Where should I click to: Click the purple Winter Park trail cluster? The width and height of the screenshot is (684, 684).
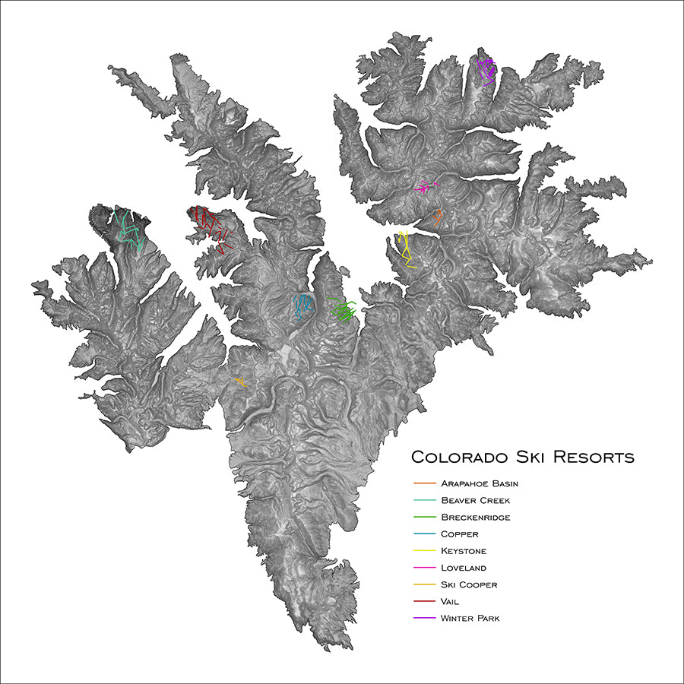486,70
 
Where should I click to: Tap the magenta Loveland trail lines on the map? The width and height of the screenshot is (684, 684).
426,186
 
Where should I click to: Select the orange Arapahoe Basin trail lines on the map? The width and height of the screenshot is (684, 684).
438,217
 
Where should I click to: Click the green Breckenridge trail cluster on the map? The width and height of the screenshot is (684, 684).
344,311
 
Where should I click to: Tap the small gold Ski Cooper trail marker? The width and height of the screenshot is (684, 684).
241,382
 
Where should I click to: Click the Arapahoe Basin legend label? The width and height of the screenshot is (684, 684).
479,483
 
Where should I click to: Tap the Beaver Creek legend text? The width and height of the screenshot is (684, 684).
475,501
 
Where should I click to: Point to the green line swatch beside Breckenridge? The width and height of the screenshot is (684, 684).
425,518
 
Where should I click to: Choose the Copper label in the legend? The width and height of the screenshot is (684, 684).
459,534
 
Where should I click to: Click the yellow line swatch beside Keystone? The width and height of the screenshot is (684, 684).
425,551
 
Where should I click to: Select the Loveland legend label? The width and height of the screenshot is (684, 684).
464,568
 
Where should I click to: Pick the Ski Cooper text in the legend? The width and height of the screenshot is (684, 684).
469,584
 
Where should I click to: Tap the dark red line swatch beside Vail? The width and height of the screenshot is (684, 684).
425,601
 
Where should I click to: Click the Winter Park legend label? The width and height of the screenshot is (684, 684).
470,618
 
